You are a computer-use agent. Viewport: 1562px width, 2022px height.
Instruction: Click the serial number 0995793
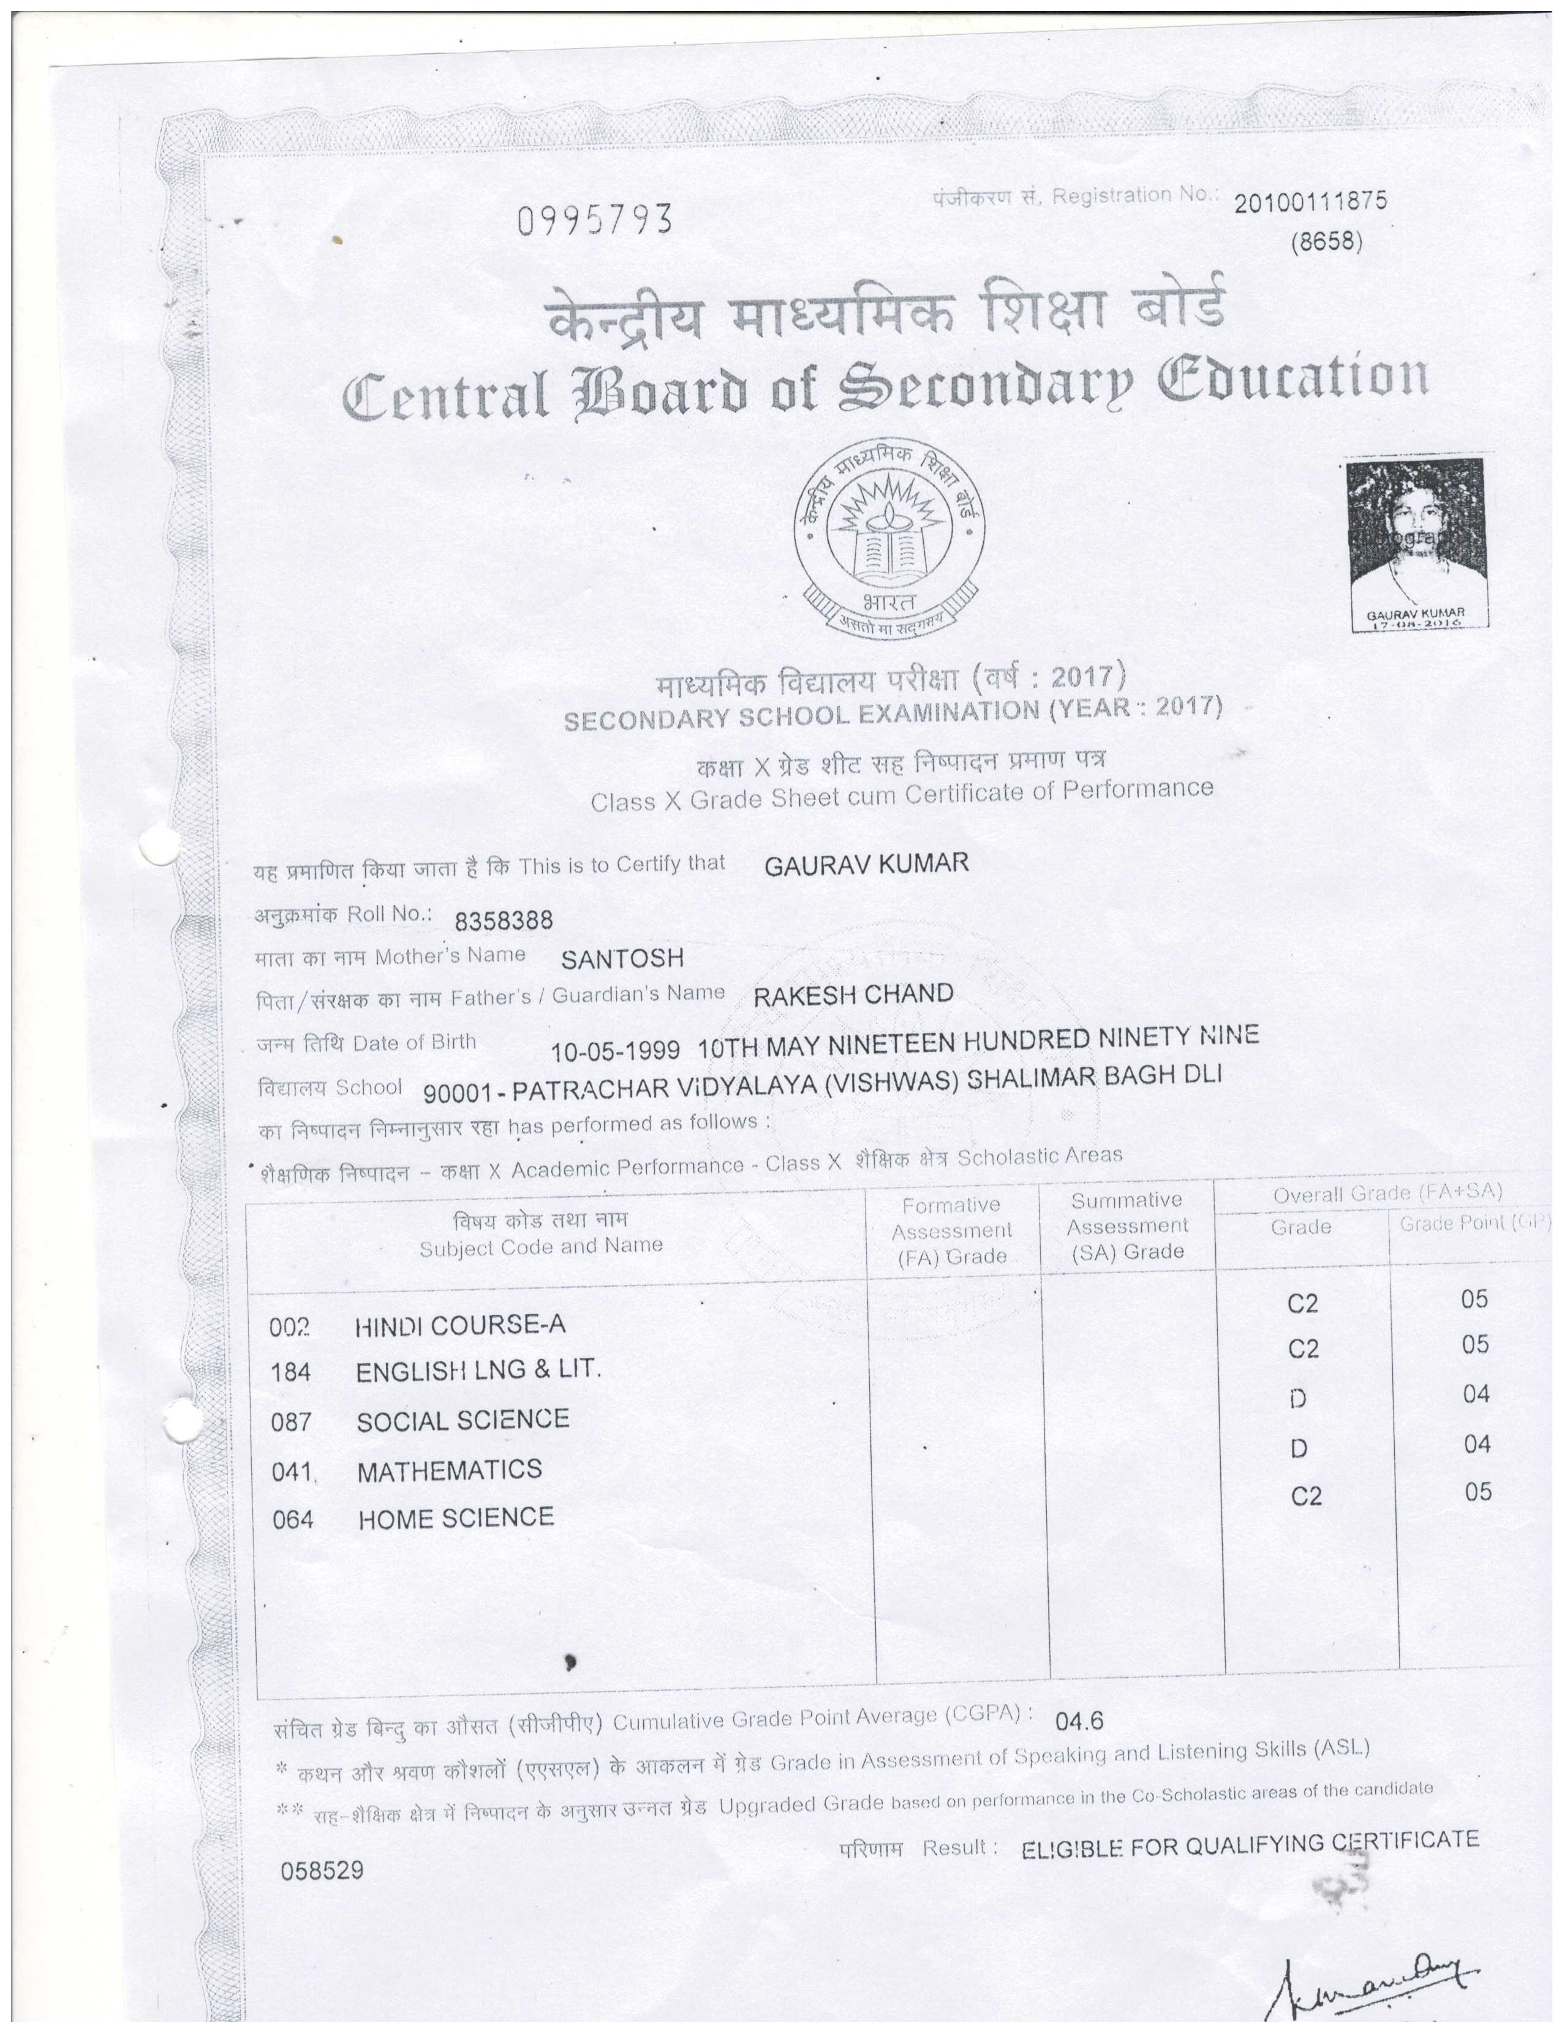point(594,221)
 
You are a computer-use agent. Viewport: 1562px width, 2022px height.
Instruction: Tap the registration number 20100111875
point(1310,202)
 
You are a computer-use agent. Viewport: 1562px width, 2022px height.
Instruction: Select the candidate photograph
point(1417,542)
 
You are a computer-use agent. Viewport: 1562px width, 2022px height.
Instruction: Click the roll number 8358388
point(504,920)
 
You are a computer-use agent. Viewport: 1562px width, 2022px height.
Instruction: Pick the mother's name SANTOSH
point(622,958)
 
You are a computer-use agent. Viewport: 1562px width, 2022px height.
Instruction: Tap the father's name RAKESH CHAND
point(853,995)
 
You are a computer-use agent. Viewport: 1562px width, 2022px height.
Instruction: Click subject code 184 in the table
point(290,1372)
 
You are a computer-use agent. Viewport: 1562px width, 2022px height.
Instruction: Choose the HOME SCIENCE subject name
point(456,1518)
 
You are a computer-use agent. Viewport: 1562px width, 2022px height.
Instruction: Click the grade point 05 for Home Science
point(1479,1491)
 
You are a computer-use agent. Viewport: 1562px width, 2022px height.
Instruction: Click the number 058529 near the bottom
point(322,1871)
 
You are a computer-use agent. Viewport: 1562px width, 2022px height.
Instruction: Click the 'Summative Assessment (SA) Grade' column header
point(1127,1226)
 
